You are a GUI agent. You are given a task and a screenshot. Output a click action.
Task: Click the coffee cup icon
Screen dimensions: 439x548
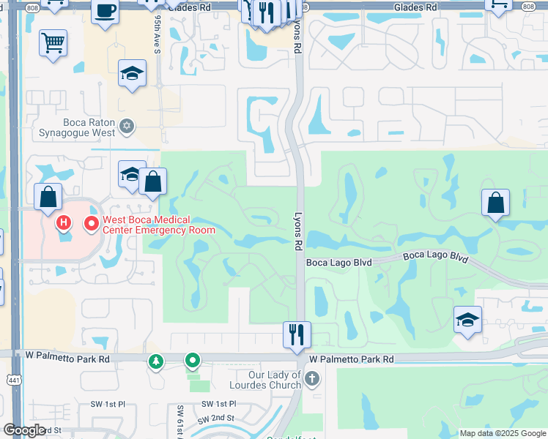pos(105,11)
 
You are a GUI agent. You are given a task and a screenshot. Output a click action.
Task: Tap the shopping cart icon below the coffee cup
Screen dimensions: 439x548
pos(53,44)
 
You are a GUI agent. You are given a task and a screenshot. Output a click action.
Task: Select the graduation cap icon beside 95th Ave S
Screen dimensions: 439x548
pos(132,73)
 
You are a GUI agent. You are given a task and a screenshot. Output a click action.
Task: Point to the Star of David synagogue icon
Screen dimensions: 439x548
pos(127,127)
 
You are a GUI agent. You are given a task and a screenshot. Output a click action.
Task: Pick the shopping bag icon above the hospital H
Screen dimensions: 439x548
pos(48,196)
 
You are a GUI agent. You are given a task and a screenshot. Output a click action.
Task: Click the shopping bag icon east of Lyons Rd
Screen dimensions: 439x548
pos(496,202)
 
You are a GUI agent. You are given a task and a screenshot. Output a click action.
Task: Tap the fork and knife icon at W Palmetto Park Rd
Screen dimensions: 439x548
pos(297,334)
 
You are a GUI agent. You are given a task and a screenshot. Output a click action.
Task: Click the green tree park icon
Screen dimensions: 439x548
pos(155,361)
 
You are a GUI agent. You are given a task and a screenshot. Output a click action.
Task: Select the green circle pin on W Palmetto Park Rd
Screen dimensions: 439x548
pos(192,360)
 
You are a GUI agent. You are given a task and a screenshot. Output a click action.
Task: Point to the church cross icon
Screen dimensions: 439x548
pos(312,379)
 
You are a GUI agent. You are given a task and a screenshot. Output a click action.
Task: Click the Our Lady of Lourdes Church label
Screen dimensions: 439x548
pos(265,380)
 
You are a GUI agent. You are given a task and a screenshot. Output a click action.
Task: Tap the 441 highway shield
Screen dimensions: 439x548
pos(15,378)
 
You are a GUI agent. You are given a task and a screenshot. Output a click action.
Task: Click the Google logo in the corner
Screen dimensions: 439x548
pos(24,430)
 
